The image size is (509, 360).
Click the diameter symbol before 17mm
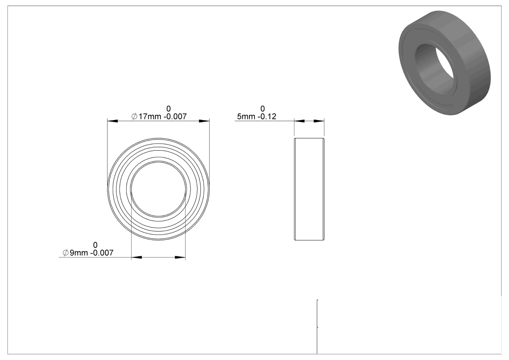[134, 117]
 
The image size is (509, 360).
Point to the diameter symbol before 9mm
[66, 253]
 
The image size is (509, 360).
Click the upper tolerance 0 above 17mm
[168, 109]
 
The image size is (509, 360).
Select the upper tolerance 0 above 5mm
[262, 109]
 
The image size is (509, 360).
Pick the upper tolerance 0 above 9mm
[95, 245]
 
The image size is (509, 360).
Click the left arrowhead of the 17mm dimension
[112, 121]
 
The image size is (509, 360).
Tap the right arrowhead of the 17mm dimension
[204, 121]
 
